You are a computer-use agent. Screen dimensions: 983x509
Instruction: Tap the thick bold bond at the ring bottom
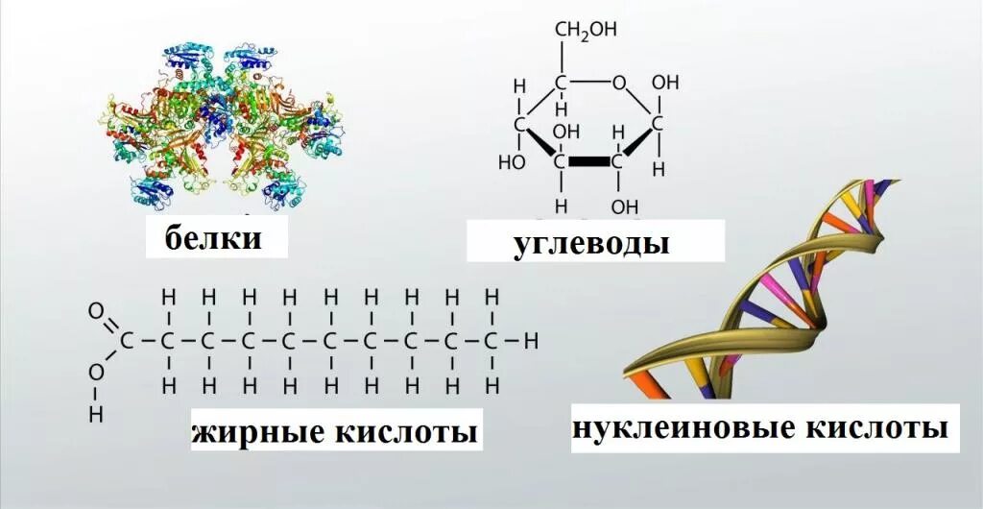click(589, 161)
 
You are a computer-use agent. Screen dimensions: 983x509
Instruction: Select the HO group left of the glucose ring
click(511, 161)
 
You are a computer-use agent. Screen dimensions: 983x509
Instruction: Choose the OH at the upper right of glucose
click(664, 83)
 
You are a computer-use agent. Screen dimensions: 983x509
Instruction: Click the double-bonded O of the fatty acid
click(95, 310)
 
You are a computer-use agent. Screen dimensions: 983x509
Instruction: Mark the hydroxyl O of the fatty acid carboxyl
click(95, 371)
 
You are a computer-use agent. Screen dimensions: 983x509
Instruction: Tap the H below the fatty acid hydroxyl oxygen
click(95, 415)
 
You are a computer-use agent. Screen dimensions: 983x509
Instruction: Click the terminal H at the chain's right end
click(531, 340)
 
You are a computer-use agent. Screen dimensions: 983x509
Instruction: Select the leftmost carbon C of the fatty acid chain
click(126, 340)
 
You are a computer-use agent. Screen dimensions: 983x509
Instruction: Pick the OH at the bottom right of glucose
click(625, 206)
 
